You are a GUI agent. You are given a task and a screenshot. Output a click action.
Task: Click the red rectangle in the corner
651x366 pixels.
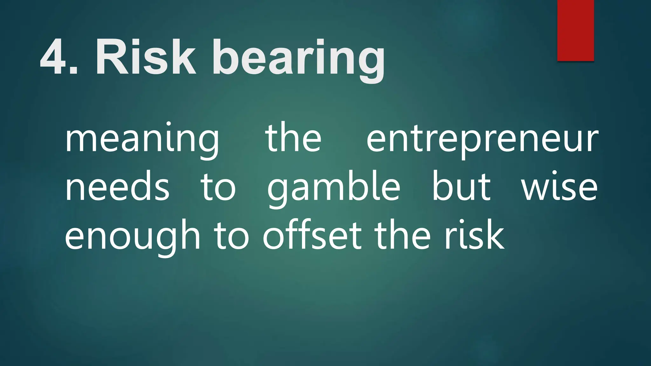pos(576,30)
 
